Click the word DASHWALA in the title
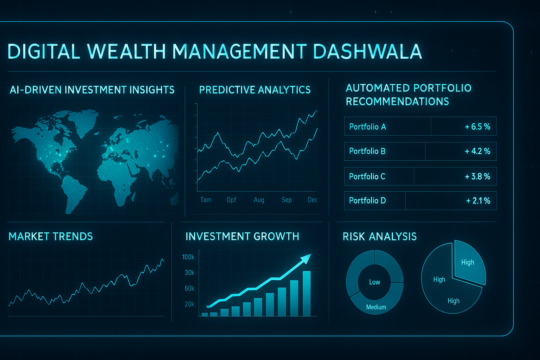(x=367, y=51)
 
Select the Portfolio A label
(x=367, y=127)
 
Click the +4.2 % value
(x=477, y=151)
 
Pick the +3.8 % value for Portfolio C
(x=477, y=176)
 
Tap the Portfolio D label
(x=367, y=200)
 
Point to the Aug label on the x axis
(x=259, y=200)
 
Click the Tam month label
(x=206, y=200)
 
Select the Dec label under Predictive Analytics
(x=313, y=200)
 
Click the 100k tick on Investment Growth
(x=188, y=257)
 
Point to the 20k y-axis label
(x=189, y=304)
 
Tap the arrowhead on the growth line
(x=306, y=258)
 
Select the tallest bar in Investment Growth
(x=307, y=294)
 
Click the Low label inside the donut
(x=375, y=282)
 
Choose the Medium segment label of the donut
(x=376, y=307)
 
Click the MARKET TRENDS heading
(x=51, y=237)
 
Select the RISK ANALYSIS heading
(x=380, y=237)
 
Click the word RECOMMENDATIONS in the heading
(x=397, y=102)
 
